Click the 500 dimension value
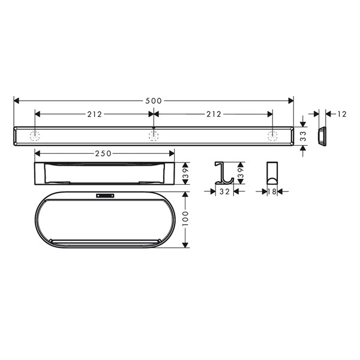point(154,101)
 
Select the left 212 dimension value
point(94,114)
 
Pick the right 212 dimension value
point(214,114)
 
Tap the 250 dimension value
point(103,154)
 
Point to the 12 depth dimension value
point(342,114)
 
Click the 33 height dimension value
point(303,136)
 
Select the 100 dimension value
point(185,218)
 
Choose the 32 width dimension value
point(224,191)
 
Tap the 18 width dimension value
point(272,191)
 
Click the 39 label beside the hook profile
point(241,173)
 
